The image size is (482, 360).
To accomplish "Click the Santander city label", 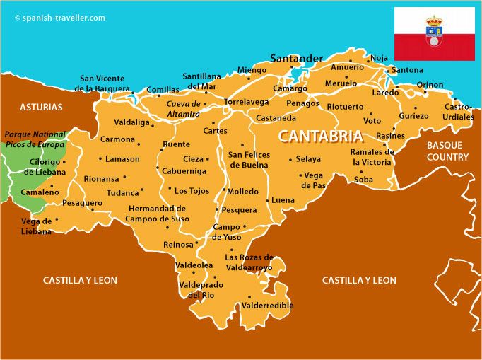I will pyautogui.click(x=296, y=58).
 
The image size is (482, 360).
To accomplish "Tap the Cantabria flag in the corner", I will pyautogui.click(x=434, y=34).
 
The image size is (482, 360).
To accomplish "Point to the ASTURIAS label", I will pyautogui.click(x=41, y=108).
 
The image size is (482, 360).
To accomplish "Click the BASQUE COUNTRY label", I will pyautogui.click(x=447, y=151).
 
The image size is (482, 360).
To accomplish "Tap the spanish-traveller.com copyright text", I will pyautogui.click(x=59, y=18).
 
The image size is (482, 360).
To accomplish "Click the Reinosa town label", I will pyautogui.click(x=178, y=244).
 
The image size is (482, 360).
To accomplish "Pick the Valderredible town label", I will pyautogui.click(x=267, y=306).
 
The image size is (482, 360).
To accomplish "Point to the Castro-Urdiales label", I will pyautogui.click(x=458, y=112).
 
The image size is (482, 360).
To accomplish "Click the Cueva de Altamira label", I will pyautogui.click(x=183, y=109).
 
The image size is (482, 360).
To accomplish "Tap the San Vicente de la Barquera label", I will pyautogui.click(x=103, y=83).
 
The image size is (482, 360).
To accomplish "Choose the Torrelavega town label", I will pyautogui.click(x=246, y=102).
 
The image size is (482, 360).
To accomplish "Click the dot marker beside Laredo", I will pyautogui.click(x=396, y=86).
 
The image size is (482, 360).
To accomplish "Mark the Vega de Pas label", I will pyautogui.click(x=312, y=180).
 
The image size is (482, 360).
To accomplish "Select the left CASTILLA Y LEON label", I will pyautogui.click(x=80, y=280).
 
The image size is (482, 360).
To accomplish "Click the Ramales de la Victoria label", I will pyautogui.click(x=372, y=157).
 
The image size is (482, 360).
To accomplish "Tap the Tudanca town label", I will pyautogui.click(x=123, y=192).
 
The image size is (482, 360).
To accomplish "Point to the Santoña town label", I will pyautogui.click(x=407, y=70).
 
